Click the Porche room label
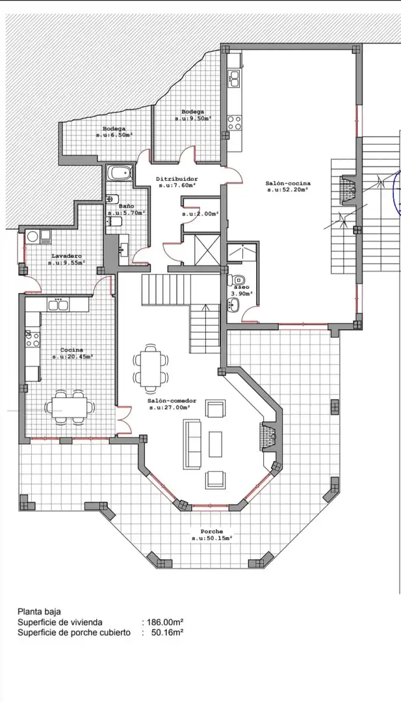click(212, 531)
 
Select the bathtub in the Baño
click(120, 174)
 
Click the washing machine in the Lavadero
click(32, 236)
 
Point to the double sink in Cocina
click(58, 305)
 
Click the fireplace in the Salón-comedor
click(268, 434)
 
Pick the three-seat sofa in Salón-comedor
click(192, 445)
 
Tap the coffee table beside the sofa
click(216, 445)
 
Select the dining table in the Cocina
click(70, 407)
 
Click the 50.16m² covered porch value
click(167, 633)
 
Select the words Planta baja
click(39, 611)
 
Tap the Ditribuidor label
click(177, 179)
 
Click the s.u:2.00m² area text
click(200, 214)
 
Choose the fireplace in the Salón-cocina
click(347, 188)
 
